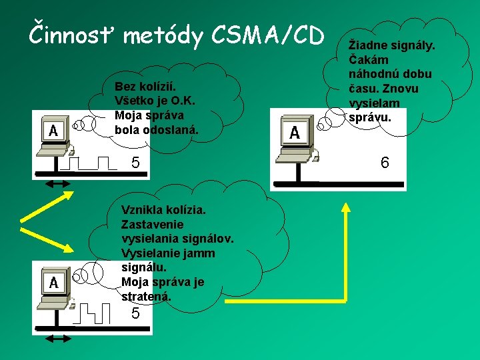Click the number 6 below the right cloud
tap(385, 163)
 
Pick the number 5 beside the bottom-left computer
tap(135, 313)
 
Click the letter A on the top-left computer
tap(53, 130)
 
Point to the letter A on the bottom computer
tap(53, 283)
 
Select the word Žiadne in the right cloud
tap(366, 45)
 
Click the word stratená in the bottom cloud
tap(146, 297)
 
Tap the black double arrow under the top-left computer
tap(58, 181)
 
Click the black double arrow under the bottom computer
tap(58, 339)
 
